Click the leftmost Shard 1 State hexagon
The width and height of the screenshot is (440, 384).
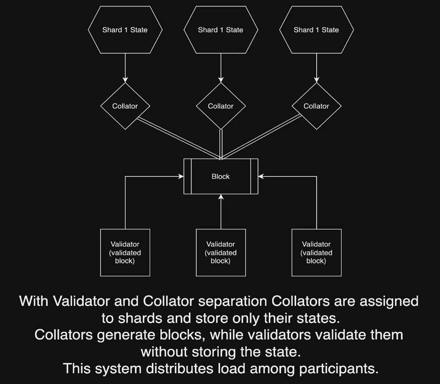coord(125,30)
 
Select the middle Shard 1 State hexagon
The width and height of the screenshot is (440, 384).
coord(221,30)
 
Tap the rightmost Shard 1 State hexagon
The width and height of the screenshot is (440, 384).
coord(316,30)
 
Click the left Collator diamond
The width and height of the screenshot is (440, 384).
coord(125,106)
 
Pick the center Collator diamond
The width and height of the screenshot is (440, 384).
coord(221,106)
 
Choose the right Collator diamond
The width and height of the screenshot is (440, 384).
coord(316,106)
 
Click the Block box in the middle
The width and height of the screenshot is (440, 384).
coord(221,176)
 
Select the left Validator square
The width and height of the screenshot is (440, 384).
coord(125,253)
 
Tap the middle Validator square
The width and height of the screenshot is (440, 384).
coord(221,253)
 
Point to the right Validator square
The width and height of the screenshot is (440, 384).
coord(316,253)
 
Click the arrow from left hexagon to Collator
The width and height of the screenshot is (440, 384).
coord(125,68)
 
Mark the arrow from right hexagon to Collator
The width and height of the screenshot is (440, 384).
coord(316,68)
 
